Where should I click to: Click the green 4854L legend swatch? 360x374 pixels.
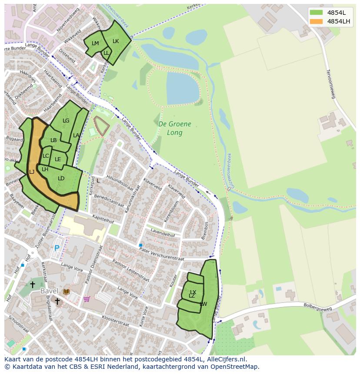click(316, 13)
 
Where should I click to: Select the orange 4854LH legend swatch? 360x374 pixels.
click(316, 21)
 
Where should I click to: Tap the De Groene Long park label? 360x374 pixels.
click(174, 128)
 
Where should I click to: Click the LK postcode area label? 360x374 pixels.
click(116, 41)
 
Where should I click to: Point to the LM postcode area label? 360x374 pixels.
click(95, 43)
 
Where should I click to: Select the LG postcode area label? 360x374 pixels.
click(66, 121)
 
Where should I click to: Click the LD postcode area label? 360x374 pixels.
click(61, 179)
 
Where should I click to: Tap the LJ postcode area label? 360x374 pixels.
click(32, 172)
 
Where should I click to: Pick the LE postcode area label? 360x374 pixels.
click(58, 159)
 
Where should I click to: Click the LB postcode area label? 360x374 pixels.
click(53, 140)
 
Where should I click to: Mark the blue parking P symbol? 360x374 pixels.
click(57, 248)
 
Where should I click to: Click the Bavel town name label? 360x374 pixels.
click(49, 291)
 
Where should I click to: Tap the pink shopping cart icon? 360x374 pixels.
click(87, 299)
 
